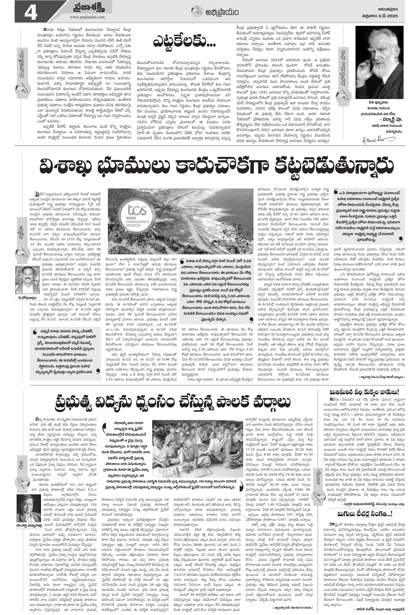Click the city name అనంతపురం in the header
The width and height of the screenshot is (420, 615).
point(387,9)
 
